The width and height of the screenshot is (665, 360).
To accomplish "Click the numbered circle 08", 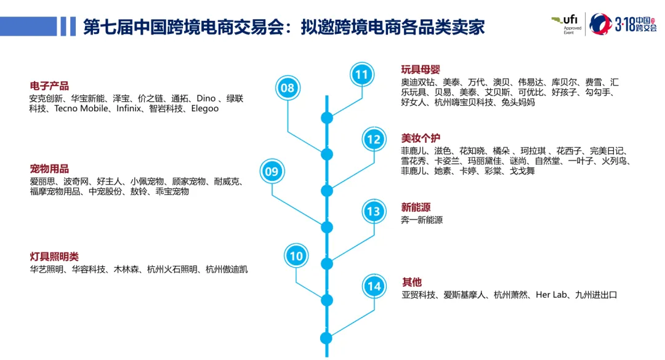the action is click(288, 88).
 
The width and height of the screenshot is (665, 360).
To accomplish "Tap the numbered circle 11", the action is click(361, 75).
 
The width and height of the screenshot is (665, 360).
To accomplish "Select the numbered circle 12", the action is click(373, 140).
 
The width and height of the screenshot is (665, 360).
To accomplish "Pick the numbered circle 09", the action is click(272, 172).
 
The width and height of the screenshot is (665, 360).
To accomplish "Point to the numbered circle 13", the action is click(373, 212).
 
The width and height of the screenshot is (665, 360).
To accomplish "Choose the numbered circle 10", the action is click(296, 256).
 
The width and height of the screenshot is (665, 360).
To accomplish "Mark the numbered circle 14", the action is click(374, 286).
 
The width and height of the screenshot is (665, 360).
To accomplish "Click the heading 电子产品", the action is click(49, 86).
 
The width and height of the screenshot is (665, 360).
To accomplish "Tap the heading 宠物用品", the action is click(49, 169).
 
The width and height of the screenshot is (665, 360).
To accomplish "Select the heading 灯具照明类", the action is click(54, 257).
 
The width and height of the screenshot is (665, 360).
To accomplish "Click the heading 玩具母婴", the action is click(421, 70).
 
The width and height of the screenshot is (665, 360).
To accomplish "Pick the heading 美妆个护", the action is click(421, 138).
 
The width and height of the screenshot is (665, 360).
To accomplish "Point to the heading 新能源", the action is click(416, 207).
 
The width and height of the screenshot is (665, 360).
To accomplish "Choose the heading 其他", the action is click(412, 282).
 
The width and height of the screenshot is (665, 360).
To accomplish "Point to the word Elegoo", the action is click(205, 109).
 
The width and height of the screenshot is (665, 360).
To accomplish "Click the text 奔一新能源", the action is click(422, 220).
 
